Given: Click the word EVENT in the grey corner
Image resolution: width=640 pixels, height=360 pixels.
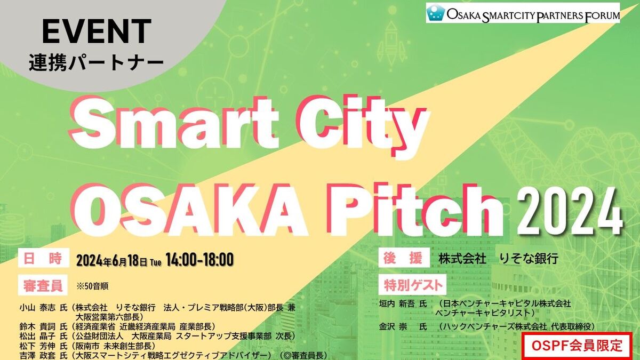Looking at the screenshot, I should tap(96, 32).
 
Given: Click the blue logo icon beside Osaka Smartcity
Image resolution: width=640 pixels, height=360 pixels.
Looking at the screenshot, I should tap(436, 13).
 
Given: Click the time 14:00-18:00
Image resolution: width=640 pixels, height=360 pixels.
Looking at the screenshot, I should tap(199, 260).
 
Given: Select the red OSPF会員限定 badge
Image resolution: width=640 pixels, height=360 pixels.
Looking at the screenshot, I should tap(577, 346).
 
